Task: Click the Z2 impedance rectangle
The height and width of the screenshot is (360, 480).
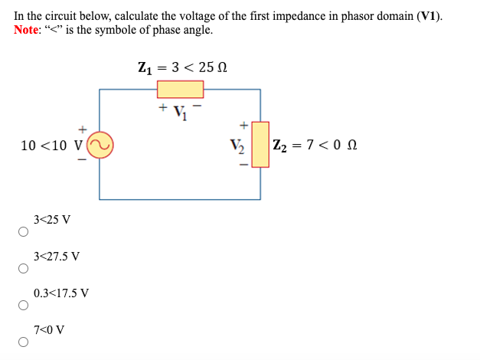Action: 260,145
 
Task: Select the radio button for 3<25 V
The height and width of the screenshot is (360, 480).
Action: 23,233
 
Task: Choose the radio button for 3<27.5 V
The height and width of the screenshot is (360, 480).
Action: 23,270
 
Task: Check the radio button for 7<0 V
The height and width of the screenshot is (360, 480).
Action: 23,343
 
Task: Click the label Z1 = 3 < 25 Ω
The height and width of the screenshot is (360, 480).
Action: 182,67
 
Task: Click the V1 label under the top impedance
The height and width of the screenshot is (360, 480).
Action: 181,109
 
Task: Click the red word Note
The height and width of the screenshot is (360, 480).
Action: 28,30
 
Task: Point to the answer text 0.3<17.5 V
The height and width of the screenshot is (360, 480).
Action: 61,293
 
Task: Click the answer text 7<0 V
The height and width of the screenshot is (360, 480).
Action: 49,329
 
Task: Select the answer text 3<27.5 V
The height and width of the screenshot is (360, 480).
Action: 57,256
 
